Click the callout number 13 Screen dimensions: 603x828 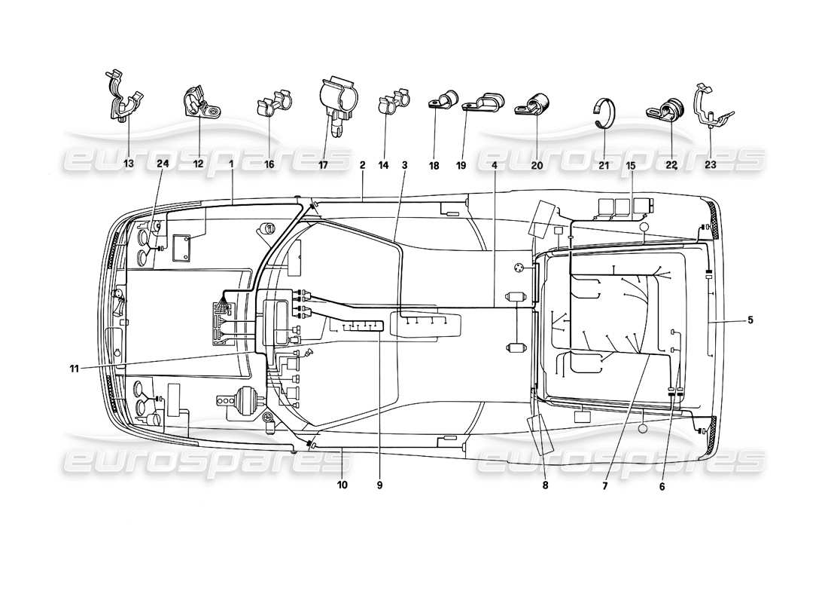pos(127,164)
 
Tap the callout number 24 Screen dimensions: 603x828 pos(163,164)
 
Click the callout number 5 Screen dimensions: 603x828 pos(749,320)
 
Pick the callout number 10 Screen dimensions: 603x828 pos(342,485)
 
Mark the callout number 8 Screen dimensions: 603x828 pos(545,485)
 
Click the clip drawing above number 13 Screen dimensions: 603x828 pos(123,96)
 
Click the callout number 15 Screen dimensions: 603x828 pos(629,164)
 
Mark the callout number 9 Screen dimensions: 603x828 pos(379,485)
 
